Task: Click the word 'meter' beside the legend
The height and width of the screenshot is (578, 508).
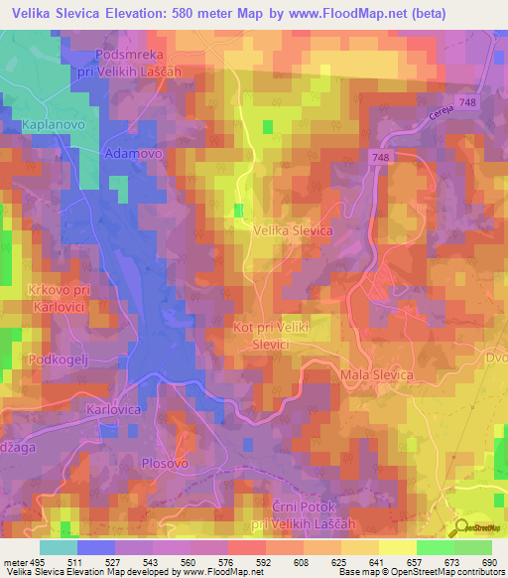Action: tap(14, 561)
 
